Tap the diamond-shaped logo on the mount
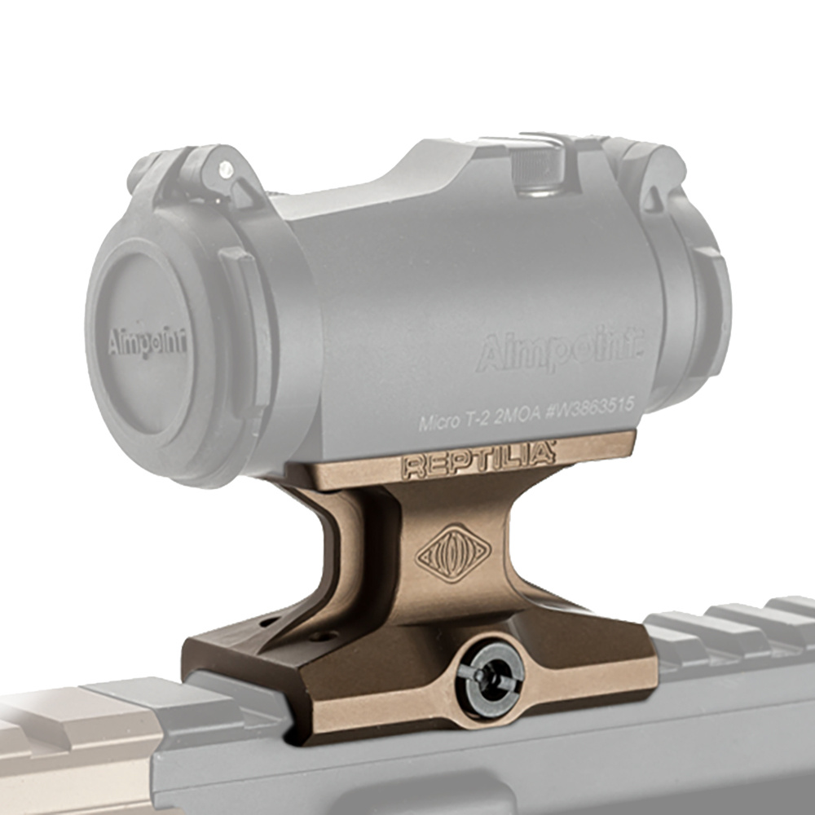(x=453, y=553)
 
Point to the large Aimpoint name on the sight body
(x=560, y=350)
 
